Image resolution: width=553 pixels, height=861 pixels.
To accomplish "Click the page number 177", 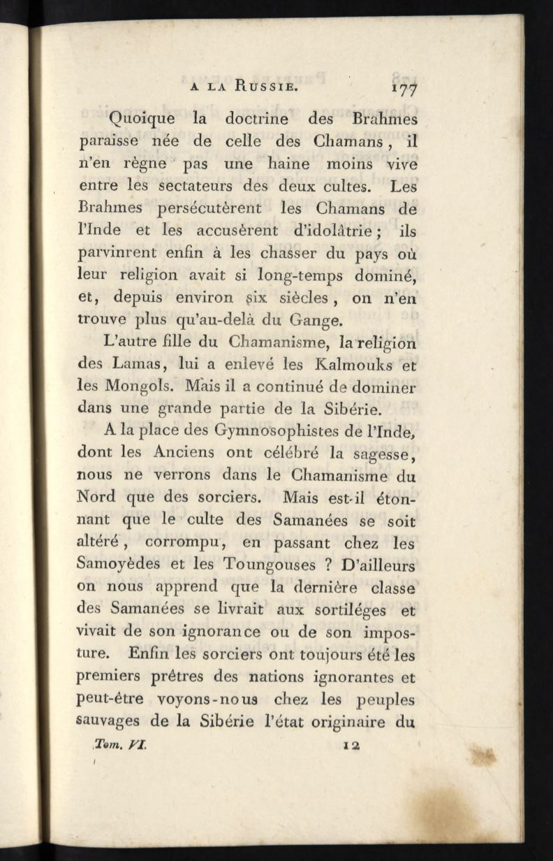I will [404, 89].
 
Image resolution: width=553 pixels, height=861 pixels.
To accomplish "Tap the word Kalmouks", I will [352, 363].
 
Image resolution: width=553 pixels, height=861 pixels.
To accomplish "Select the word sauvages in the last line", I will [108, 723].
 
